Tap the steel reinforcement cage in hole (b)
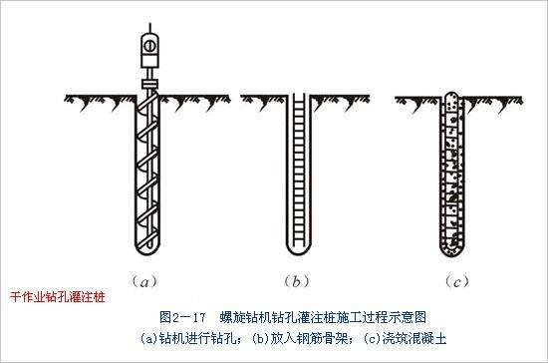pyautogui.click(x=296, y=170)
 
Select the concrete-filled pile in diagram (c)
pyautogui.click(x=453, y=175)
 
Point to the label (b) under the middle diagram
pyautogui.click(x=296, y=281)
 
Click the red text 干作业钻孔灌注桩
pyautogui.click(x=56, y=297)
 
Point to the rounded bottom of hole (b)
pyautogui.click(x=296, y=249)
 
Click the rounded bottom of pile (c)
pyautogui.click(x=453, y=248)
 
